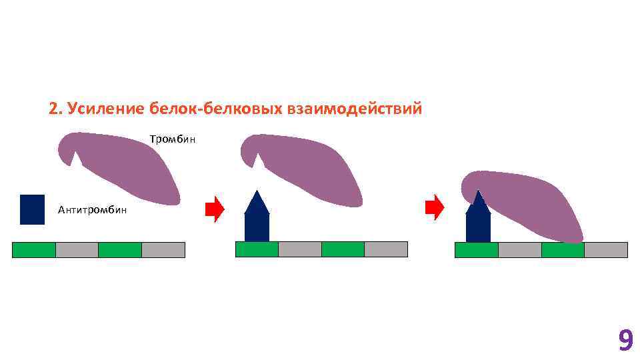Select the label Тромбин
pyautogui.click(x=172, y=140)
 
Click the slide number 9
pyautogui.click(x=625, y=341)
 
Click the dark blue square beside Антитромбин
pyautogui.click(x=33, y=209)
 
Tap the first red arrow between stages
pyautogui.click(x=215, y=209)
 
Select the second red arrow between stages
pyautogui.click(x=435, y=207)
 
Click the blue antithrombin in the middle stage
pyautogui.click(x=257, y=220)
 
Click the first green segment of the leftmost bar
pyautogui.click(x=34, y=250)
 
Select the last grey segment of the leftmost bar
pyautogui.click(x=163, y=250)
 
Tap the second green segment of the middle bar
pyautogui.click(x=343, y=249)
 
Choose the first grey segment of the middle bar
pyautogui.click(x=299, y=249)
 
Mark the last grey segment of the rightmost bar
pyautogui.click(x=605, y=250)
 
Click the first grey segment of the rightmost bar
pyautogui.click(x=519, y=250)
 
